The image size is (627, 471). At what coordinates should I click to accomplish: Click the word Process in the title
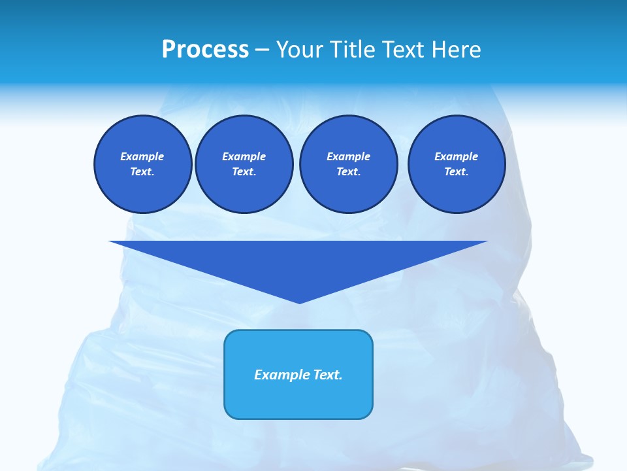pos(205,50)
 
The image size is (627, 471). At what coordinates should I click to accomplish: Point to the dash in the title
pos(263,50)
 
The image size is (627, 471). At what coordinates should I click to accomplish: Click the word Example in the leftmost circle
pos(142,156)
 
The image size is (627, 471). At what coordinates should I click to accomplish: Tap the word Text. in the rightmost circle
pos(456,171)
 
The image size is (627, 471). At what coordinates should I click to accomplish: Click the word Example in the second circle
pos(244,156)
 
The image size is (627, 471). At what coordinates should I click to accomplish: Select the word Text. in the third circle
pos(348,171)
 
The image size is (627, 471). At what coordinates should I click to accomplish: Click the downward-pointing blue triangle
pos(298,262)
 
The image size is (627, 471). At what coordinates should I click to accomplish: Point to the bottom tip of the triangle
pos(299,302)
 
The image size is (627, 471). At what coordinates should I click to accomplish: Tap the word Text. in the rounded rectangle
pos(329,375)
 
